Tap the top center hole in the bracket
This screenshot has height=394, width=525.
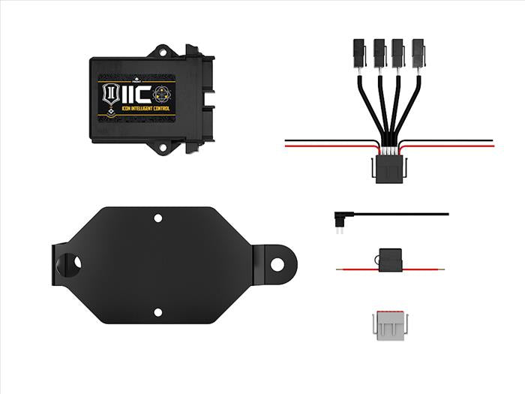click(x=157, y=218)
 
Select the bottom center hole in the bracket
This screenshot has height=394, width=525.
click(x=157, y=311)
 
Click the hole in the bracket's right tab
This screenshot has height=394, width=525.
click(x=277, y=264)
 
